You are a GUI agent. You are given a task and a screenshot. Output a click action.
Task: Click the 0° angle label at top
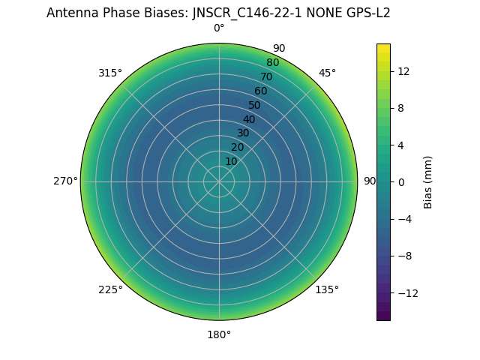(x=219, y=28)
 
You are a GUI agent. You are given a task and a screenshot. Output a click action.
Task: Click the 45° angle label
(x=327, y=73)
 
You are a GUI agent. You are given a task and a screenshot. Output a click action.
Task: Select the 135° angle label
(x=327, y=289)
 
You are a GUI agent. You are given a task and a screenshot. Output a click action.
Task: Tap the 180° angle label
(x=219, y=334)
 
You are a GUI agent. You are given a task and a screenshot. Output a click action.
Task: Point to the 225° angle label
(x=110, y=289)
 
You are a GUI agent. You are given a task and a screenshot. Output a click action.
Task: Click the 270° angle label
(x=65, y=181)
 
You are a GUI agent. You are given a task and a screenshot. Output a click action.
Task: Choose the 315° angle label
(x=110, y=73)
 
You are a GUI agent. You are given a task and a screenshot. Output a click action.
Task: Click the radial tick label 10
(x=231, y=161)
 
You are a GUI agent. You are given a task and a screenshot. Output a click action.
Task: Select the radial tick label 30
(x=243, y=133)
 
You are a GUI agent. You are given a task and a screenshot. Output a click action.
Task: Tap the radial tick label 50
(x=255, y=105)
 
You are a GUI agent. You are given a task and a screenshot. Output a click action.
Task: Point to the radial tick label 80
(x=272, y=63)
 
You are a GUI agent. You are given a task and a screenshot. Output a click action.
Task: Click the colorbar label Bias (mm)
(x=428, y=181)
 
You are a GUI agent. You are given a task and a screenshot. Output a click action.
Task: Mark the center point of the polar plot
(x=219, y=181)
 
